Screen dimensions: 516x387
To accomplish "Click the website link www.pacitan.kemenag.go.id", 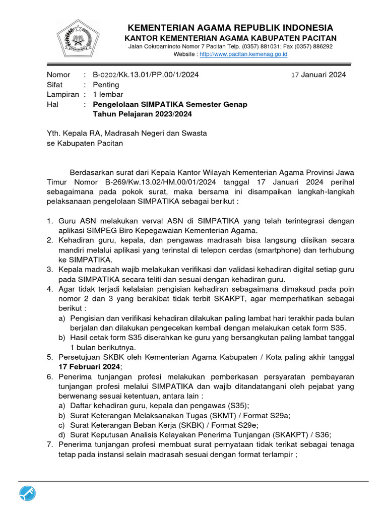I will click(243, 54).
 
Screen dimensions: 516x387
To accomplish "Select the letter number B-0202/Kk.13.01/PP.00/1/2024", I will click(146, 75).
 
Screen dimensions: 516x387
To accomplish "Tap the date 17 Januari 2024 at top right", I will click(319, 75).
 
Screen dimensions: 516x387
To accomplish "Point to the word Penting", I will click(106, 85).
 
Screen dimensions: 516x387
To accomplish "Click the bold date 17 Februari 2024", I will click(89, 367).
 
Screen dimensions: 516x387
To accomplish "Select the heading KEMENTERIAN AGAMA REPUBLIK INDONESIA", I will click(230, 27).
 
